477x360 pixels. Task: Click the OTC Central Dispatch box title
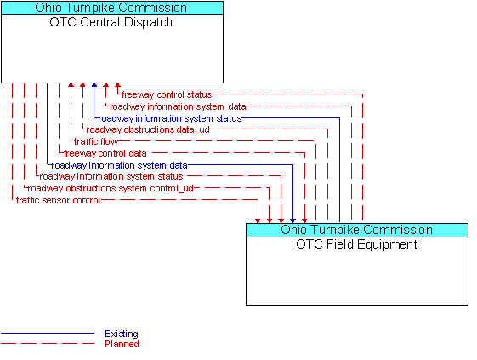pos(111,22)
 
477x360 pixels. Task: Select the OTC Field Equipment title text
pos(357,244)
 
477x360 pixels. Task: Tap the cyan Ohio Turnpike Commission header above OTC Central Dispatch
pos(112,8)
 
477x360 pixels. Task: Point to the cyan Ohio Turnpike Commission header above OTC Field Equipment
pos(357,230)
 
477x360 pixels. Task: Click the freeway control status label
pos(167,94)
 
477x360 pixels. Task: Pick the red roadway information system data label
pos(178,106)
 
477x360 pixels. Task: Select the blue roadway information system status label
pos(170,118)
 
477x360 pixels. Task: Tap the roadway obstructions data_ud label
pos(148,129)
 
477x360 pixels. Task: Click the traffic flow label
pos(96,141)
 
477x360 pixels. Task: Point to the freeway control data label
pos(105,153)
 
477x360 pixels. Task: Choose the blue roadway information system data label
pos(119,165)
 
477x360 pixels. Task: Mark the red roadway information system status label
pos(111,177)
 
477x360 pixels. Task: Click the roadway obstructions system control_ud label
pos(111,189)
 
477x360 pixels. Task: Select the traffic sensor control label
pos(58,200)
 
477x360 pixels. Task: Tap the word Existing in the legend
pos(122,334)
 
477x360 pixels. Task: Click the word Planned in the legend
pos(122,344)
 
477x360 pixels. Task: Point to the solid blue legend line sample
pos(48,334)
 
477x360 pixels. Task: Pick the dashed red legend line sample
pos(48,344)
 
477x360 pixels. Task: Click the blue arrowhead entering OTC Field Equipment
pos(292,220)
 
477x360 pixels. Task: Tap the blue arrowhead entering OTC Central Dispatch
pos(94,85)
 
